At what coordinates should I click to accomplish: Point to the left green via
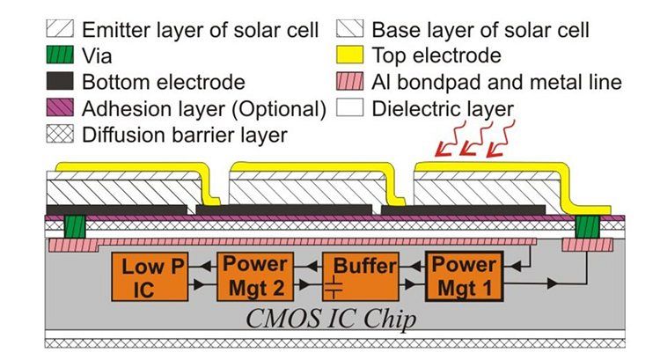(x=73, y=227)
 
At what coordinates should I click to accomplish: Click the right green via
(x=585, y=227)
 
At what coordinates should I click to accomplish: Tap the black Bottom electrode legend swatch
(x=55, y=84)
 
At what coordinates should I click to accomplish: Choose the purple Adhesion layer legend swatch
(x=55, y=110)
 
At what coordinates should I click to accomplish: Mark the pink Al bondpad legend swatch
(x=349, y=84)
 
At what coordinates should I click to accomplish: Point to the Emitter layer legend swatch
(x=55, y=31)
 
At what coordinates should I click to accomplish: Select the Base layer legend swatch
(x=349, y=31)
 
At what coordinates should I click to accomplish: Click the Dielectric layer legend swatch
(x=349, y=110)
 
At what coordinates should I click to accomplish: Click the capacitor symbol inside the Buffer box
(x=337, y=286)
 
